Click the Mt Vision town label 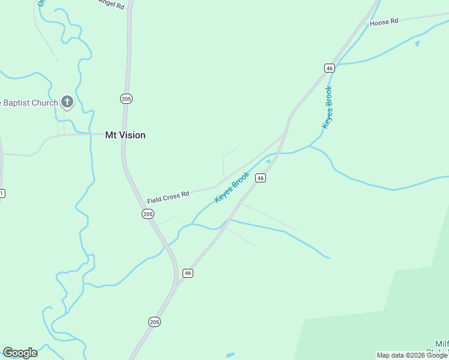(125, 135)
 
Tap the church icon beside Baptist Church (67, 103)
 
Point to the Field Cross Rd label (168, 196)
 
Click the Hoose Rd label (384, 22)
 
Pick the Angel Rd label (112, 4)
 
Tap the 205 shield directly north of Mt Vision (126, 98)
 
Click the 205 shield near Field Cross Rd (148, 214)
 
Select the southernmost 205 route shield (154, 322)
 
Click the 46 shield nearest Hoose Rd (329, 68)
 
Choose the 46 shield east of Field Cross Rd (260, 178)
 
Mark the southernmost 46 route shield (188, 273)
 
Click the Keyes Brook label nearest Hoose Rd (328, 107)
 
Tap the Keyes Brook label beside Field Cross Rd (232, 187)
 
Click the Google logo (20, 353)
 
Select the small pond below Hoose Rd (417, 43)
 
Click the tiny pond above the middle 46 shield (268, 161)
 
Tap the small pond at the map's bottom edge (230, 355)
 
